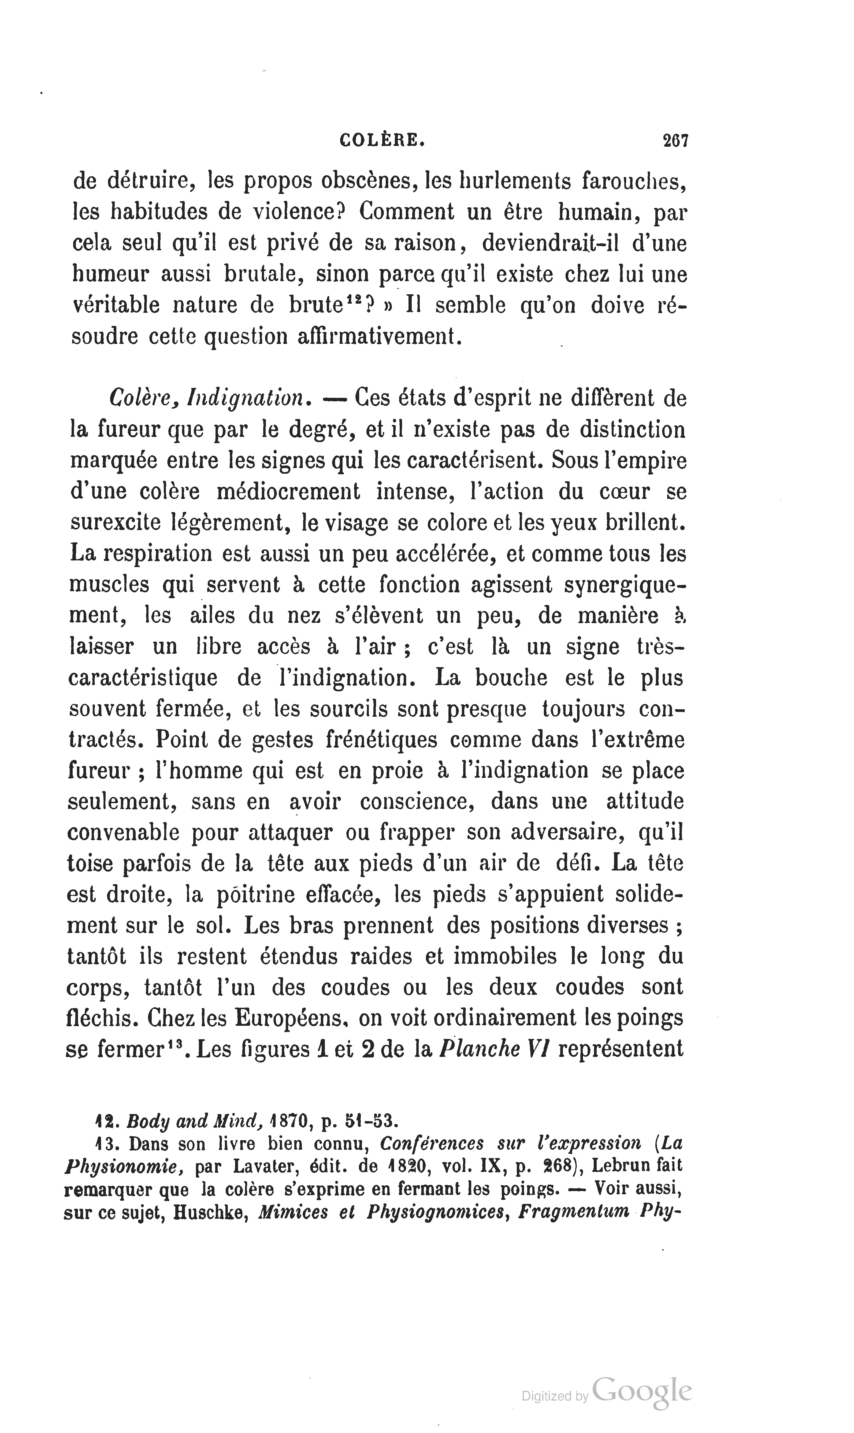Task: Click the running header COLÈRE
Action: pyautogui.click(x=382, y=141)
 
